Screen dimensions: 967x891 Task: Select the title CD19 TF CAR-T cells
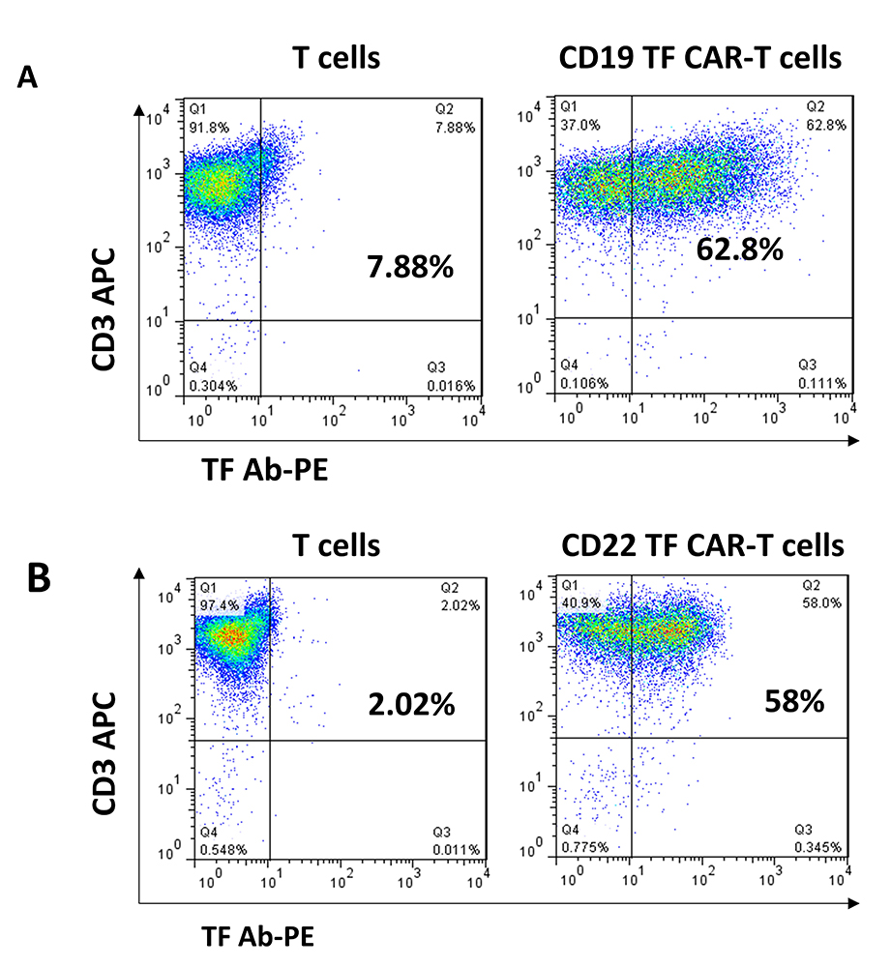(x=700, y=58)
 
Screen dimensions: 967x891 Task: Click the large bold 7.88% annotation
(x=410, y=266)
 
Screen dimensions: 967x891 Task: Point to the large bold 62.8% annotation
(x=739, y=249)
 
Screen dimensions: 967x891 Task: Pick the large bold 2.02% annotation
(x=411, y=704)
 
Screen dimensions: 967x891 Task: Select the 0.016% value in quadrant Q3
(x=451, y=385)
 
